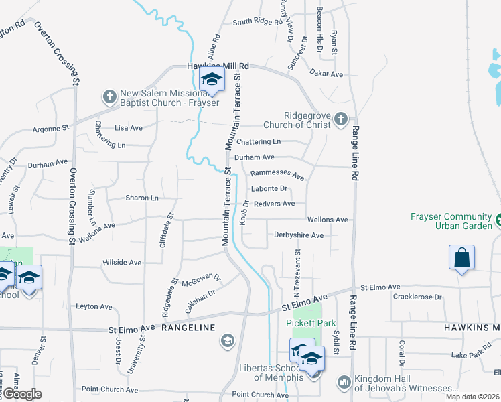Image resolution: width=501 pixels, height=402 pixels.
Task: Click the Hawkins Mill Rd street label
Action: coord(217,66)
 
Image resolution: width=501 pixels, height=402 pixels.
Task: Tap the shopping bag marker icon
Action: coord(462,257)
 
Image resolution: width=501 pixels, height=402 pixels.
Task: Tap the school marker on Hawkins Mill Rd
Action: coord(212,80)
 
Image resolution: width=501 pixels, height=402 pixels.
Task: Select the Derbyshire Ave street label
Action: coord(299,235)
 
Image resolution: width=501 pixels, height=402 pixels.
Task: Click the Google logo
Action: coord(22,394)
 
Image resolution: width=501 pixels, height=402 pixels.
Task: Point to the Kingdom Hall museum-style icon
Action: coord(344,382)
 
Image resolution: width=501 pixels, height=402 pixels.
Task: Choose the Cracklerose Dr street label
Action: coord(418,297)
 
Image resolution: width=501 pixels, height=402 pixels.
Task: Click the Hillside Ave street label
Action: coord(122,263)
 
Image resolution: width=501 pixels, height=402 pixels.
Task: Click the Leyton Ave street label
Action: coord(94,306)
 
